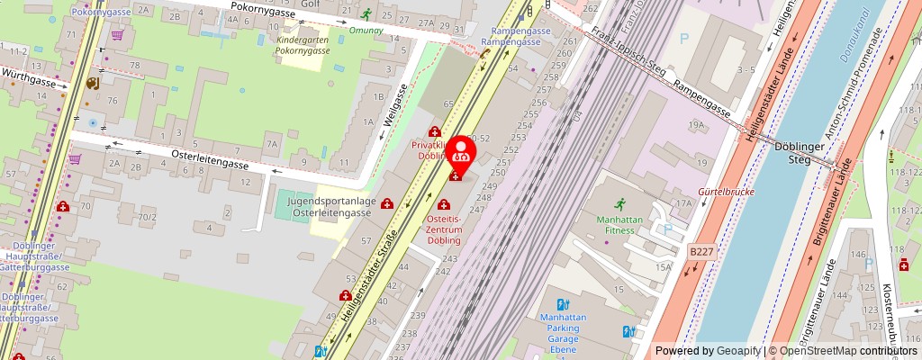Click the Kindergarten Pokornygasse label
point(303,46)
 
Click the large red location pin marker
point(462,151)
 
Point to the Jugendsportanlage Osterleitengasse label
point(330,207)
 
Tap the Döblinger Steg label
point(794,154)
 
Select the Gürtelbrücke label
point(725,192)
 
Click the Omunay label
point(366,29)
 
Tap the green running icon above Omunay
point(366,13)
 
